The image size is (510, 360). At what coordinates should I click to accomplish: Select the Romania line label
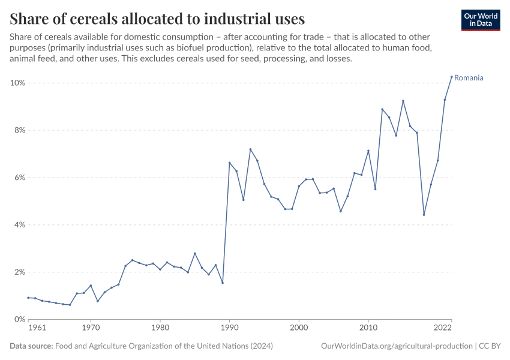(x=469, y=78)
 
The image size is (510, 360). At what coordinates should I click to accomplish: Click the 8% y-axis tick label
(x=19, y=130)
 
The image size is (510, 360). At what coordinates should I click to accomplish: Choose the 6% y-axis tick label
(x=19, y=178)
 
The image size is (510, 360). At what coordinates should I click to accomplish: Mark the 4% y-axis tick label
(x=19, y=225)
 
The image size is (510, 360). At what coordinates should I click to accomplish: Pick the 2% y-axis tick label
(x=19, y=272)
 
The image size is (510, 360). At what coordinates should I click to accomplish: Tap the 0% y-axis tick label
(x=19, y=320)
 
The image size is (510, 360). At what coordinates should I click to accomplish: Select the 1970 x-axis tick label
(x=91, y=328)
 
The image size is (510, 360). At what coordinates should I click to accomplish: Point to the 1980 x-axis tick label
(x=160, y=328)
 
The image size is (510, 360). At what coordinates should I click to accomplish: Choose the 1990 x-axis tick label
(x=229, y=328)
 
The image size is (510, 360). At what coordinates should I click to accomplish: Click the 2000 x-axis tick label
(x=299, y=328)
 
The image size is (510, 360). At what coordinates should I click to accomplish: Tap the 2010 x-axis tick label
(x=368, y=328)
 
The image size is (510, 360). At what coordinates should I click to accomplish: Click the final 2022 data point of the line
(x=451, y=77)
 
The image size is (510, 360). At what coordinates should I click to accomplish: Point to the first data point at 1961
(x=28, y=298)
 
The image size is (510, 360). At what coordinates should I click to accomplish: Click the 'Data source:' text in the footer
(x=31, y=346)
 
